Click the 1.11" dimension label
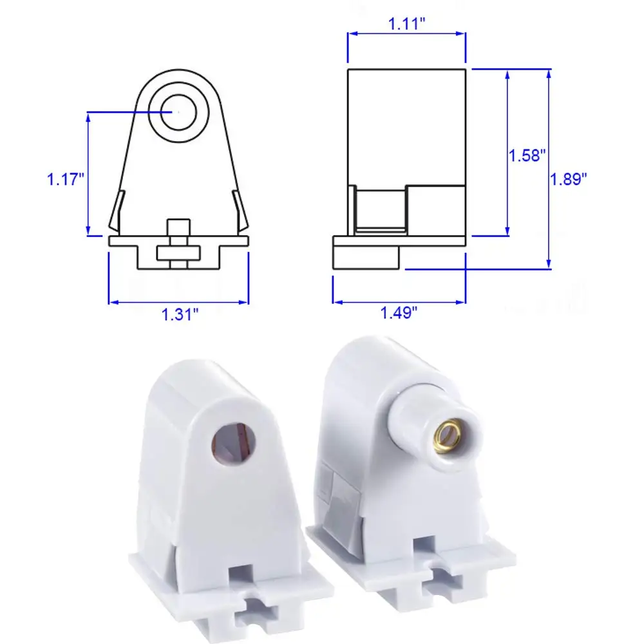(406, 25)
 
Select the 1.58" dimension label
(527, 155)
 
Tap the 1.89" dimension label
(569, 179)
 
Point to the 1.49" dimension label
(399, 313)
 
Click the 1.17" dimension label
(66, 178)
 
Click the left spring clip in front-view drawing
(116, 213)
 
